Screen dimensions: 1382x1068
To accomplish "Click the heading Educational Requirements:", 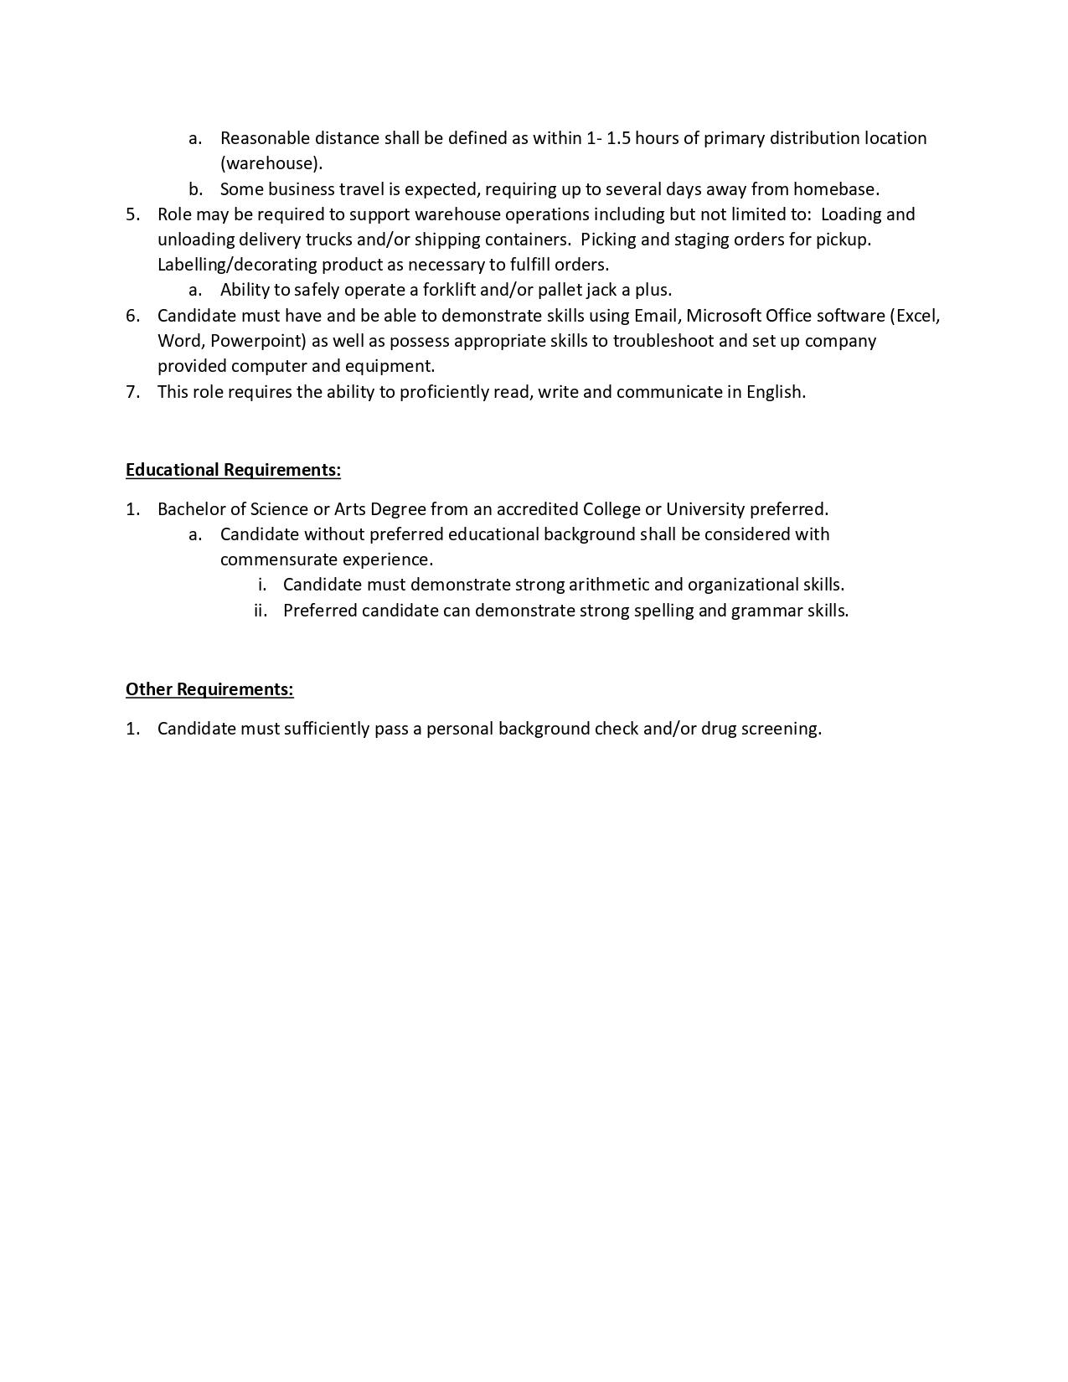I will (233, 470).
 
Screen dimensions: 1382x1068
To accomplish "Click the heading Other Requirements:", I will (209, 689).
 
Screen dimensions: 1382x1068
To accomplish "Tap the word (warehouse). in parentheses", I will (271, 163).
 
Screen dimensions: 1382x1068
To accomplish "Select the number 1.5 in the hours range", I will (617, 138).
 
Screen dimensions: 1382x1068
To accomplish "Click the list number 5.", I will (133, 214).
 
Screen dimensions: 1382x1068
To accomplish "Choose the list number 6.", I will (133, 316).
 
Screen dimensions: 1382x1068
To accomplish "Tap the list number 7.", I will (133, 392).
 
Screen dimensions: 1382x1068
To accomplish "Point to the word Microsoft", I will (724, 316).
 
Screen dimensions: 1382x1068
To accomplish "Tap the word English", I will (776, 392).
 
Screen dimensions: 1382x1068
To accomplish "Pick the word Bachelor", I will (189, 509).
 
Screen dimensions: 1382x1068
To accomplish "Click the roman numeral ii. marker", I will (261, 611).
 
